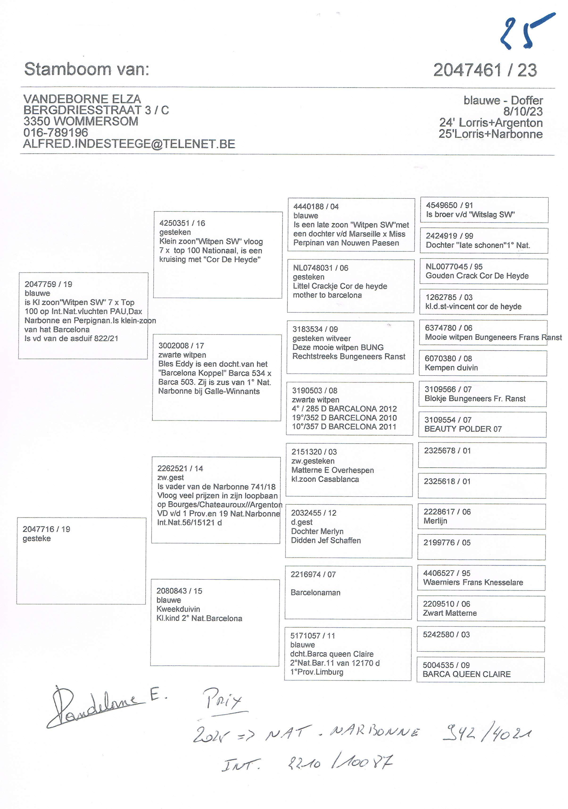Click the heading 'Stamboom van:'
point(87,69)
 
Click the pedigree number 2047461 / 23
point(485,70)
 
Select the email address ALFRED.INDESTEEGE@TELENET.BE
point(129,144)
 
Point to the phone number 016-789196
point(56,133)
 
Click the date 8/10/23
point(522,111)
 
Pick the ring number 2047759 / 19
point(48,284)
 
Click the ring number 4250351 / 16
point(182,223)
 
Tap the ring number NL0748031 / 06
point(320,268)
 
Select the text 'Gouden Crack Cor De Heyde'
point(477,275)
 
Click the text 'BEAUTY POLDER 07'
point(463,429)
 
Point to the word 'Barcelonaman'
point(315,592)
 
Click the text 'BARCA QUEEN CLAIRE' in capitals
point(466,674)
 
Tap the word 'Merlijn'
point(435,521)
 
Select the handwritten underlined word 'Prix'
point(224,700)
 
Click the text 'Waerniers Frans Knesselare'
point(473,582)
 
